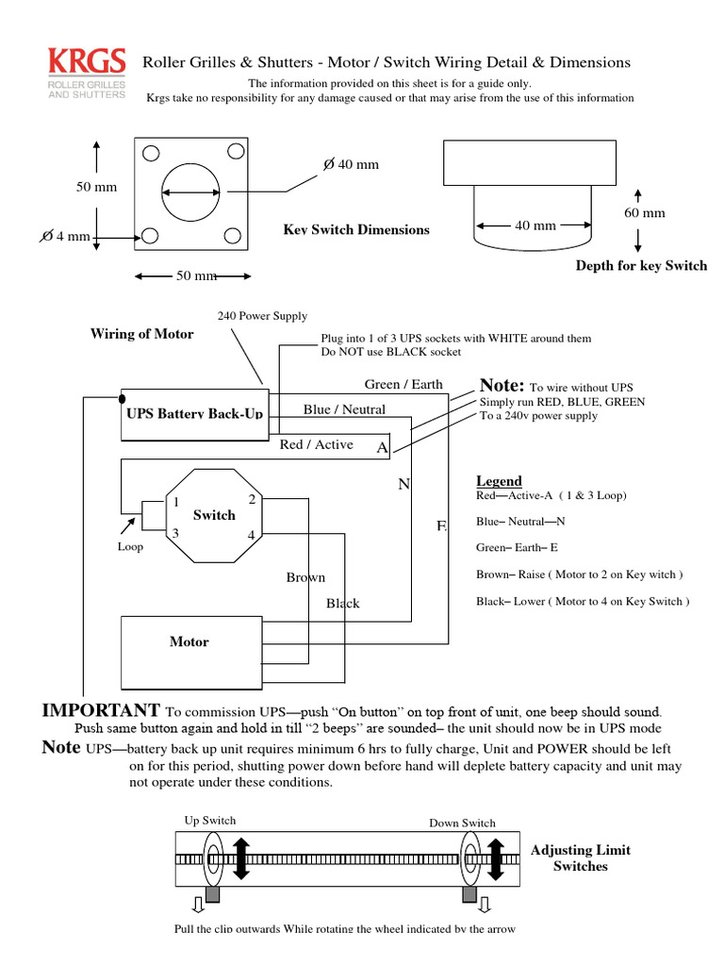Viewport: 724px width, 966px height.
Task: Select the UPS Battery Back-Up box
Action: pos(193,413)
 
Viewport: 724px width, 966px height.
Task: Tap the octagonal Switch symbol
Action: pos(214,516)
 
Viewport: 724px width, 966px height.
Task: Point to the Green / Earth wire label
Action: pos(403,384)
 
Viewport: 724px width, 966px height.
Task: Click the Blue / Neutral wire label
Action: pos(344,409)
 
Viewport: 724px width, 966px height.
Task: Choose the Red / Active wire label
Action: pos(317,444)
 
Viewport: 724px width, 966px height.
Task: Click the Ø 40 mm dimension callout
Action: pos(351,164)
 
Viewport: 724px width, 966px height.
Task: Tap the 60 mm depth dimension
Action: pos(645,213)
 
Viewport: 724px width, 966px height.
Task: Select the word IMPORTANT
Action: pos(101,710)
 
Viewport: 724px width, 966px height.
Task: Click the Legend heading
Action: pos(499,481)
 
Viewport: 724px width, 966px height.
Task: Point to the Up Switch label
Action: pos(209,821)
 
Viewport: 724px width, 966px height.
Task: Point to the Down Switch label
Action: pos(462,823)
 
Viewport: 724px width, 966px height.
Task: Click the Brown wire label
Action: pos(305,577)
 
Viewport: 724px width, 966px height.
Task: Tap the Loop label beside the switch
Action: pos(130,546)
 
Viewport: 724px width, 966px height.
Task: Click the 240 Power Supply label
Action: pos(262,316)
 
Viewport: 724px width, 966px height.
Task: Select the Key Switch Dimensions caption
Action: pos(356,230)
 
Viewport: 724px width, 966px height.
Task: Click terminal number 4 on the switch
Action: pos(252,535)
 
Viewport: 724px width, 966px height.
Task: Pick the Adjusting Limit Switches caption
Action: pos(581,858)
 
